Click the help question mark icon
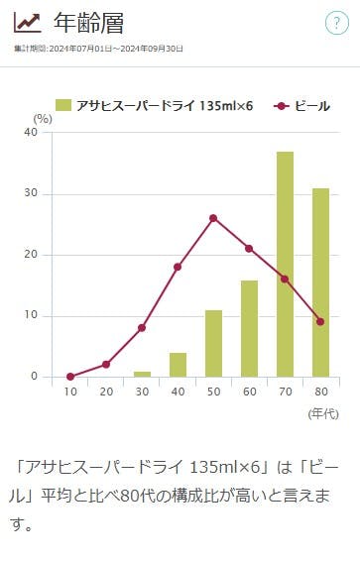(x=336, y=24)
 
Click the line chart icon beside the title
(x=27, y=23)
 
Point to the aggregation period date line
(x=98, y=49)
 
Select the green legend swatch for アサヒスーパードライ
(x=63, y=105)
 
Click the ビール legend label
(x=312, y=105)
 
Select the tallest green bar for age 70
(x=285, y=264)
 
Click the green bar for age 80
(x=320, y=282)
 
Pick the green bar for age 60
(x=249, y=328)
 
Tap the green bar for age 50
(x=213, y=343)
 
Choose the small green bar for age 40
(x=178, y=365)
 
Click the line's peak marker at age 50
(x=213, y=218)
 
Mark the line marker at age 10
(x=70, y=377)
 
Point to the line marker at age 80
(x=320, y=321)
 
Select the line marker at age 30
(x=142, y=328)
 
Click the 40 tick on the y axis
(x=31, y=133)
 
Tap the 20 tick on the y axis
(x=31, y=255)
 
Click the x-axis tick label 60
(x=249, y=392)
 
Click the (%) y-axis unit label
(x=42, y=118)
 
